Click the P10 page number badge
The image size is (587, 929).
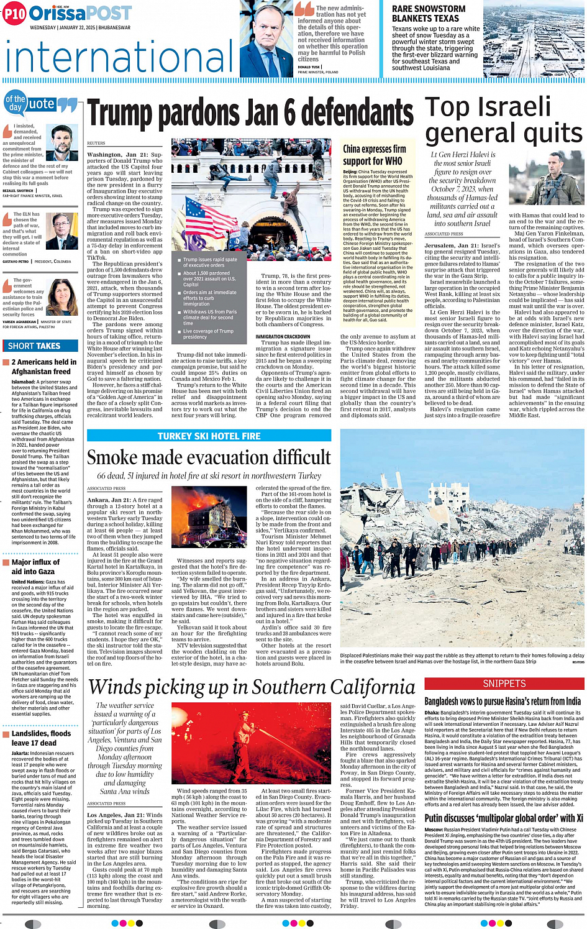14,14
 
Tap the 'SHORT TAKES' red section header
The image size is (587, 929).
35,346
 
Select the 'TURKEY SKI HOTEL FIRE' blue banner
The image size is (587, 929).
209,436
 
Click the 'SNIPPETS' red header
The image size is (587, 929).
504,684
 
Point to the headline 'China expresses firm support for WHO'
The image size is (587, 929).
374,155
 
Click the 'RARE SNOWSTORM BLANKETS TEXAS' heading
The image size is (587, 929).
429,14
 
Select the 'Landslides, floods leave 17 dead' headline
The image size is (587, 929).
41,738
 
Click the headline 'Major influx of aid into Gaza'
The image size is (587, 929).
36,567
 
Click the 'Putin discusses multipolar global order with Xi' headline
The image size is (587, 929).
503,818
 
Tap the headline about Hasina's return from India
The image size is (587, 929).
503,702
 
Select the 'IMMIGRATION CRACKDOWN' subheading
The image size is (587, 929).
283,337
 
